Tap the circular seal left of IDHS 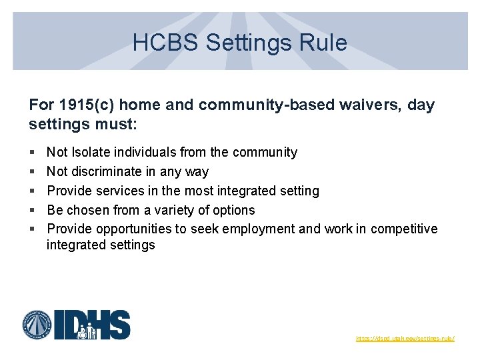tap(38, 325)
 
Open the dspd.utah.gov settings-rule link tap(405, 339)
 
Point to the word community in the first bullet tap(265, 153)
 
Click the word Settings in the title tap(249, 43)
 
